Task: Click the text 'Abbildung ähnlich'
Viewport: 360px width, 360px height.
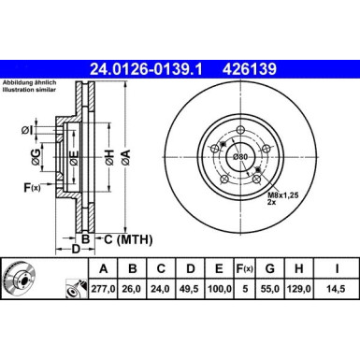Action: pos(29,81)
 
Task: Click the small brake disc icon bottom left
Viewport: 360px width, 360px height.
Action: pos(22,281)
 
